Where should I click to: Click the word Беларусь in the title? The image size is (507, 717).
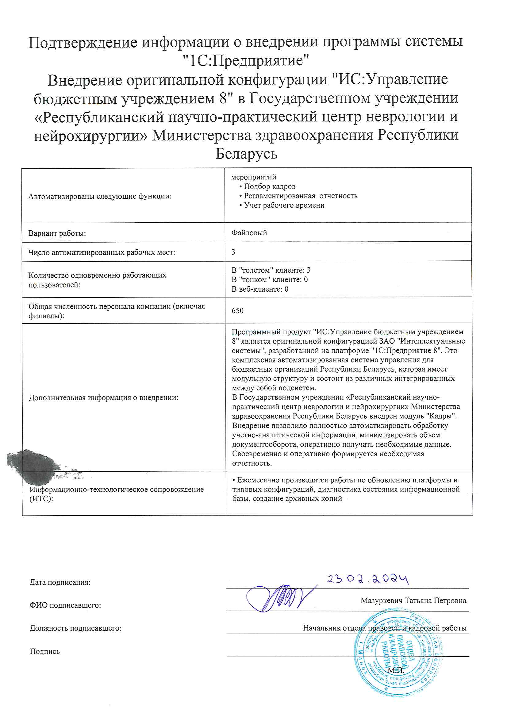[247, 154]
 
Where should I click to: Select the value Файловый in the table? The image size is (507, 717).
[249, 233]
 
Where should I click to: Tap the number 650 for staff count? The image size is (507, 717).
[237, 311]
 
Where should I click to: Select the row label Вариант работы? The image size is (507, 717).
[57, 233]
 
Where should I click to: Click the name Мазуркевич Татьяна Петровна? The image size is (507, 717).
[413, 600]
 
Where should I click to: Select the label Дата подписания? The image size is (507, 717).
[60, 582]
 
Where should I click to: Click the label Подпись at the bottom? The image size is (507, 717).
[45, 651]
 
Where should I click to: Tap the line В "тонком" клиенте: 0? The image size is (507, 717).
[270, 279]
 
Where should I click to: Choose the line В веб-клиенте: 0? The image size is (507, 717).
[260, 289]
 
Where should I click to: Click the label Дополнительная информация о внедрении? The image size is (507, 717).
[103, 397]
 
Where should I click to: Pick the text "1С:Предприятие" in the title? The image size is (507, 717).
[246, 61]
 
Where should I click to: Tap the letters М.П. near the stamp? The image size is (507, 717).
[396, 670]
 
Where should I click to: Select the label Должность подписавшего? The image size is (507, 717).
[75, 628]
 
